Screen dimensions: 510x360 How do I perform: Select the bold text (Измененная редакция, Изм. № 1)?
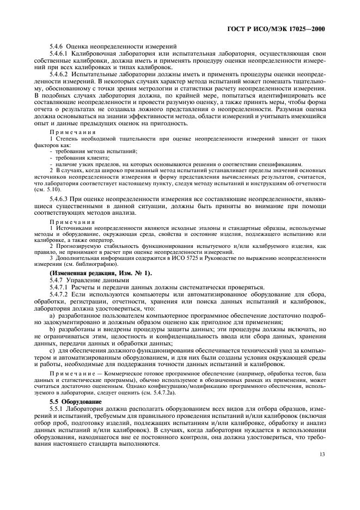tap(101, 272)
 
